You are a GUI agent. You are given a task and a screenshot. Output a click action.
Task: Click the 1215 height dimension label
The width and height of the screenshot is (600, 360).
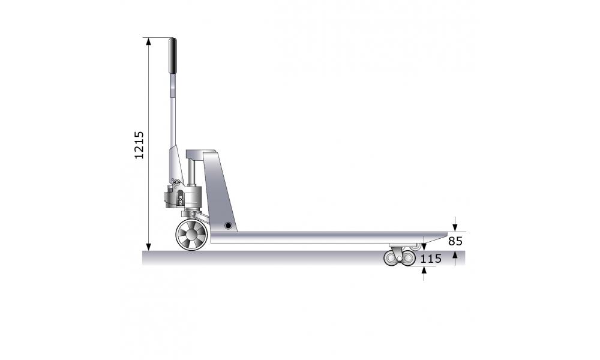coord(139,145)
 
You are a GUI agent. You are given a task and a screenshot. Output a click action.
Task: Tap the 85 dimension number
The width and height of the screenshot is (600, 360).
coord(455,241)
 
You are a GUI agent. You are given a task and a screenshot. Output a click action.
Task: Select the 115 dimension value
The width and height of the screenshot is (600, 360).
coord(431,259)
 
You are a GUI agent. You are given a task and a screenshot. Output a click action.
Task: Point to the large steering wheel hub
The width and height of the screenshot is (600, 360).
coord(192,235)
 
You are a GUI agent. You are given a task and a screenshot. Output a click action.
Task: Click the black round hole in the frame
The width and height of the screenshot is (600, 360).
coord(228,226)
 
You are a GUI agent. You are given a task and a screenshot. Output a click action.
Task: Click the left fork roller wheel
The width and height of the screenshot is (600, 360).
coord(392,259)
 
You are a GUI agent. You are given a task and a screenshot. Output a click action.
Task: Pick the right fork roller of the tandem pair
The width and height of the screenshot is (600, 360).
coord(408,259)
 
